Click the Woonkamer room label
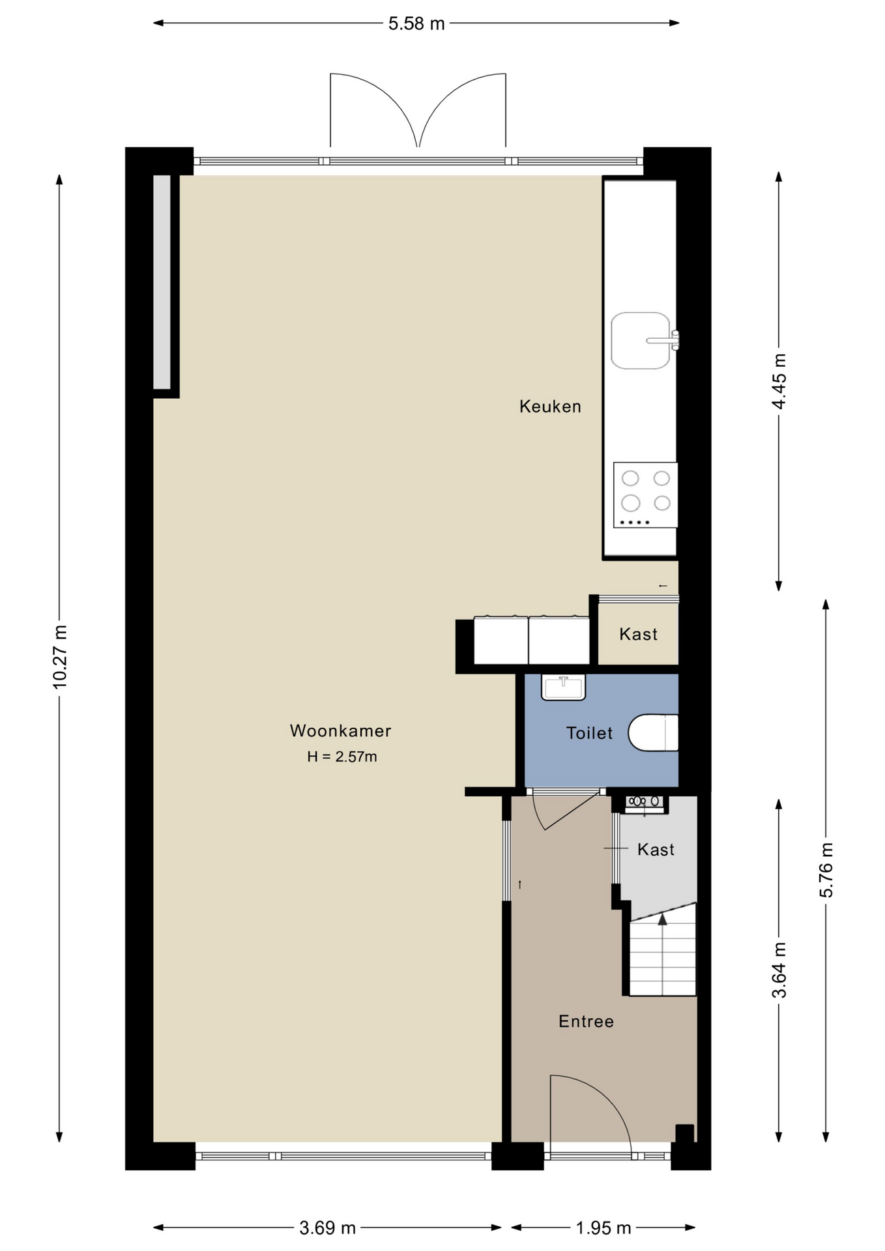(x=340, y=730)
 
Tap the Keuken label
(x=550, y=407)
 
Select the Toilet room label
(x=589, y=733)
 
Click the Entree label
(x=586, y=1021)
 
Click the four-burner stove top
(x=645, y=495)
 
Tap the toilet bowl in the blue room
(x=653, y=733)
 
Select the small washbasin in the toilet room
(x=564, y=687)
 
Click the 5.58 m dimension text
(x=416, y=24)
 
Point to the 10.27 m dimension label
(x=60, y=657)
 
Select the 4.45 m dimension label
(x=779, y=381)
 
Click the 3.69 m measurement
(x=327, y=1228)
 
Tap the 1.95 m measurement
(x=603, y=1228)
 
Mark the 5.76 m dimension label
(x=826, y=870)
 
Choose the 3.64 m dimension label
(x=779, y=970)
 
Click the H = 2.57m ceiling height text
(x=342, y=756)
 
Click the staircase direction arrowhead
(x=663, y=919)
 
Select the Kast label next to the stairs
(x=656, y=849)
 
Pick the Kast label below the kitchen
(x=638, y=634)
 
